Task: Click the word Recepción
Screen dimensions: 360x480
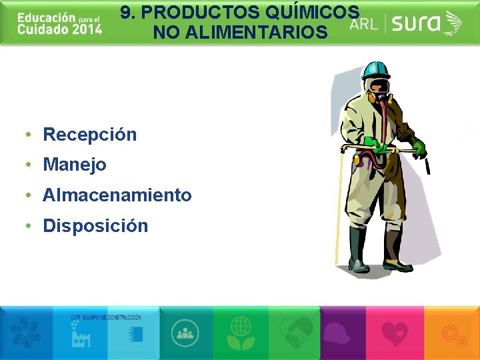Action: (x=89, y=135)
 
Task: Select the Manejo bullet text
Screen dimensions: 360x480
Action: (x=75, y=165)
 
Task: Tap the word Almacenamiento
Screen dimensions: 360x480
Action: (x=117, y=195)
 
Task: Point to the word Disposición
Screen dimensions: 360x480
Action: (x=95, y=226)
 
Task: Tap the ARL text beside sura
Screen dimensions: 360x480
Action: (x=364, y=25)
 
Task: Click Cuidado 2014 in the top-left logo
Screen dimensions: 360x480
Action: (x=60, y=29)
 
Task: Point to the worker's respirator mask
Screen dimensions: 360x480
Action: (x=379, y=90)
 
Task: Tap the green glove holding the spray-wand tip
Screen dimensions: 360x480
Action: (x=419, y=148)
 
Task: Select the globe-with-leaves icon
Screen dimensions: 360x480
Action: (x=241, y=331)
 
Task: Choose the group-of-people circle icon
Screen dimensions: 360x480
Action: (x=186, y=331)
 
